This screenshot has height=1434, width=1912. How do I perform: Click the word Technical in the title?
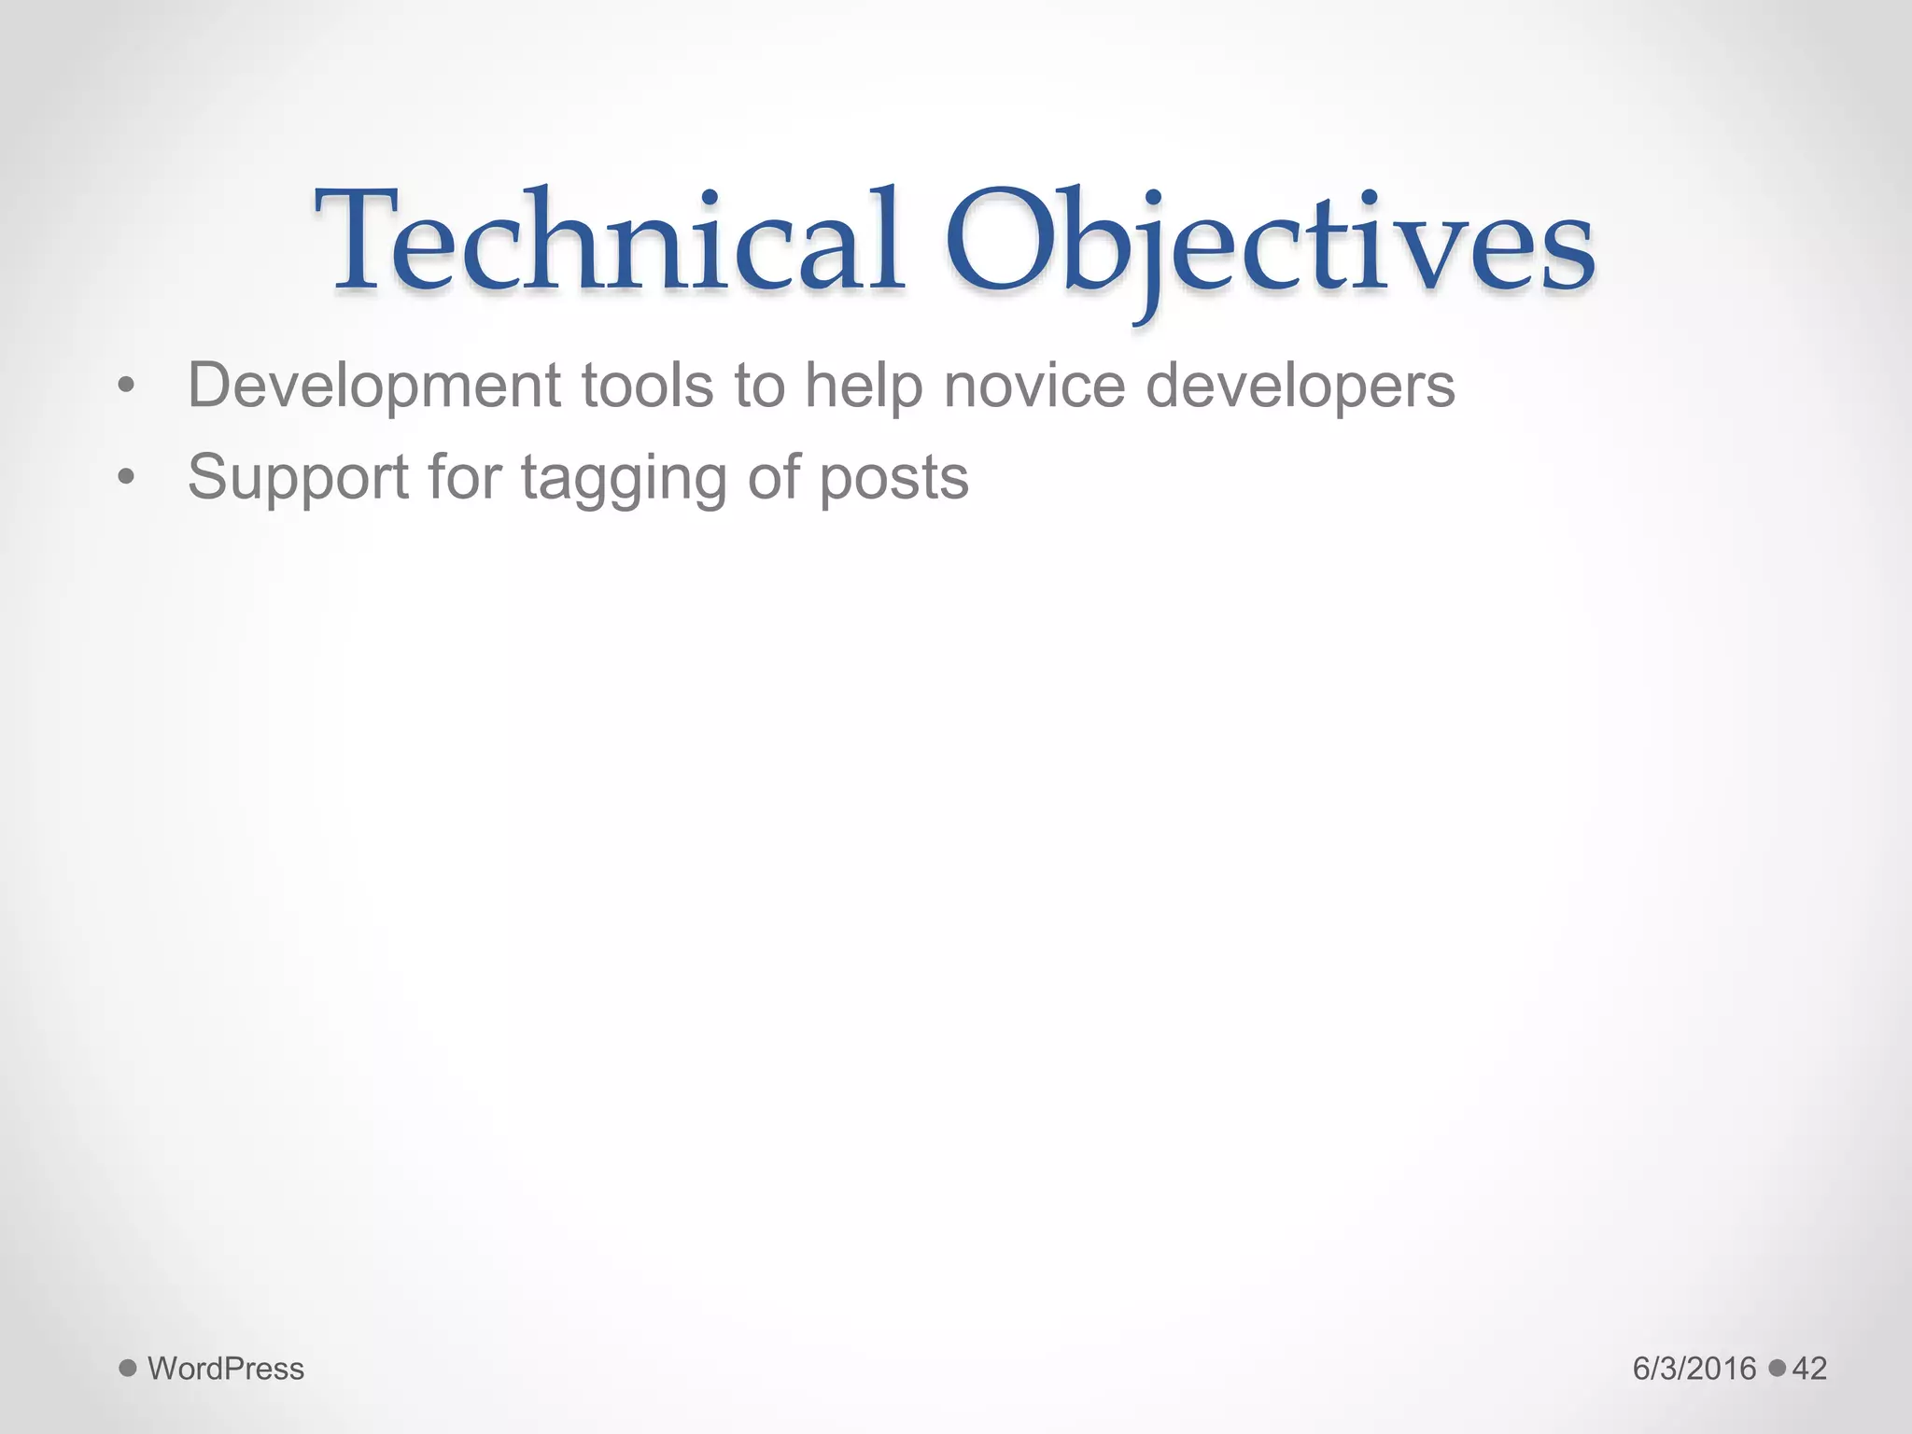coord(609,241)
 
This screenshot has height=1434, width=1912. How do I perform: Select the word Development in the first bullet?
coord(373,386)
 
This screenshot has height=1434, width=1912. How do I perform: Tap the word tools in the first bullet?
coord(647,386)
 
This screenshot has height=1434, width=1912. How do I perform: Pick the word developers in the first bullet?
coord(1300,386)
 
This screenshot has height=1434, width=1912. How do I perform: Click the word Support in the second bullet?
coord(298,478)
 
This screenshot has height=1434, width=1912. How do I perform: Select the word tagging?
coord(623,478)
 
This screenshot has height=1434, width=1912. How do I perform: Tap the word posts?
coord(893,478)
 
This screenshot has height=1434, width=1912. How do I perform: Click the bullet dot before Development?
coord(127,386)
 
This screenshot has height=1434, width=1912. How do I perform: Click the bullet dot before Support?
coord(127,478)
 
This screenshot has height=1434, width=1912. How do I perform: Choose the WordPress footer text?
coord(226,1369)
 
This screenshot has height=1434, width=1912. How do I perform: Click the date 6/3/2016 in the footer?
coord(1694,1369)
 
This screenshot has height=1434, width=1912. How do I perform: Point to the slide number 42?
coord(1809,1369)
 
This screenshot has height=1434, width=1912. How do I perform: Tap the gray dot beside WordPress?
coord(128,1369)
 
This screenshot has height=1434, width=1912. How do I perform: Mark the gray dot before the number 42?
coord(1777,1369)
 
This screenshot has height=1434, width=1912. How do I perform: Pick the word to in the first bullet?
coord(759,386)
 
